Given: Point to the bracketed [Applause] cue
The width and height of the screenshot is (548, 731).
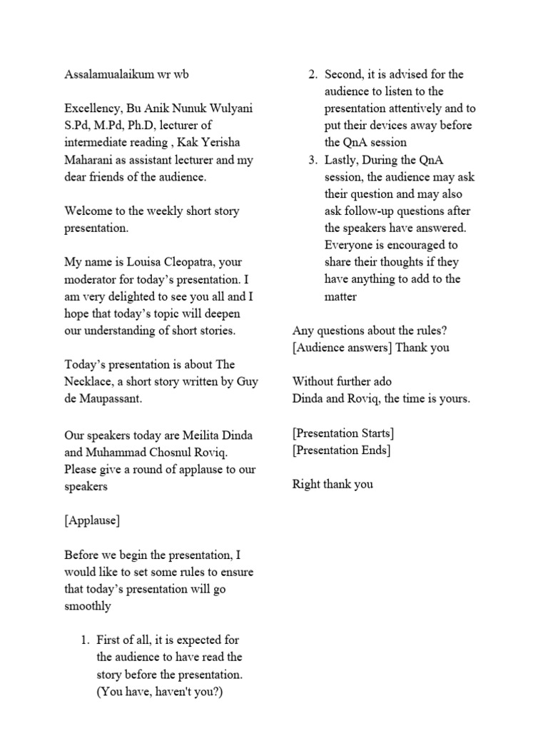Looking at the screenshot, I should pos(92,520).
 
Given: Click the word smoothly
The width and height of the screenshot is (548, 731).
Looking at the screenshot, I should pos(88,606).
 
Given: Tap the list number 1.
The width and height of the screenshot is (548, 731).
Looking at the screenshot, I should pos(83,640).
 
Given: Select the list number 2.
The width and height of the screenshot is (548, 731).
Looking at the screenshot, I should pos(313,74).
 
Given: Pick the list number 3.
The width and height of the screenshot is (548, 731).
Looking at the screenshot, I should pos(313,160).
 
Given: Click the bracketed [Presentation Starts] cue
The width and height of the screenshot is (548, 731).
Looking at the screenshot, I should pos(344,433).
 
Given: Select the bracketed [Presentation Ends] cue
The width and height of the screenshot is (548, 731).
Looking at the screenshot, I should pos(341,450).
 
